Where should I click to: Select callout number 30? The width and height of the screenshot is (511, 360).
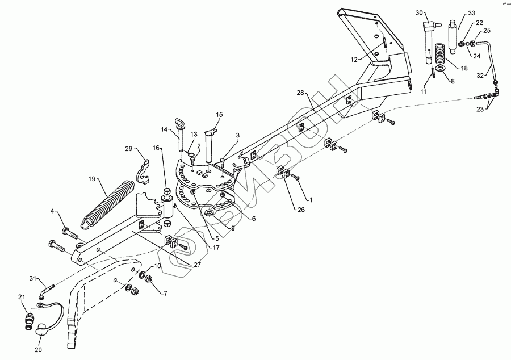coord(419,12)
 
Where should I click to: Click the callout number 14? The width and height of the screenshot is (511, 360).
coord(164,129)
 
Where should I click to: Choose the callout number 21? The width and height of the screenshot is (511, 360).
coord(22,297)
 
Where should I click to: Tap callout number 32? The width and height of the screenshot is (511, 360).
coord(480,74)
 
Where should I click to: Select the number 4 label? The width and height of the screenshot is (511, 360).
coord(53,212)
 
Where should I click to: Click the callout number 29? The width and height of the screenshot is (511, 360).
coord(128,149)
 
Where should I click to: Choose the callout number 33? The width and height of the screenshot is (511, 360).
coord(471,13)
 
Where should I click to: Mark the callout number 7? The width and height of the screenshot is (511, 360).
coord(165,293)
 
